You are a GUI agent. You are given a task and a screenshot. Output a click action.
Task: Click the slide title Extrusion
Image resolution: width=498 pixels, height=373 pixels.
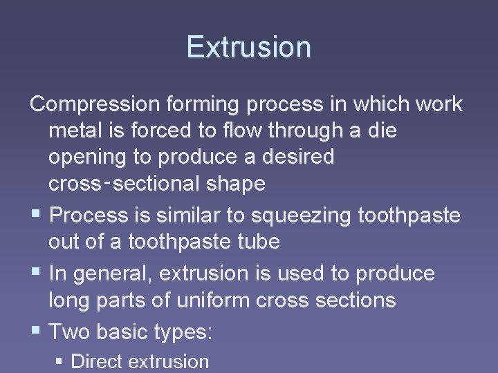pyautogui.click(x=248, y=47)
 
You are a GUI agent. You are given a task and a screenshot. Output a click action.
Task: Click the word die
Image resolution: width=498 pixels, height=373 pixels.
pyautogui.click(x=382, y=130)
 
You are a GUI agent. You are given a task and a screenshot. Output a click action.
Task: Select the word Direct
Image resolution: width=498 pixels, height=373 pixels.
pyautogui.click(x=98, y=361)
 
